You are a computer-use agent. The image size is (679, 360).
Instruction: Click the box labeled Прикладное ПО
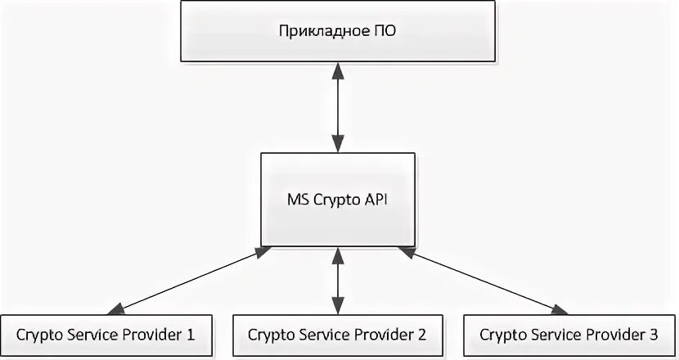click(x=338, y=33)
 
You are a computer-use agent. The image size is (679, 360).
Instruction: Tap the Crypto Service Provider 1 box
click(x=106, y=335)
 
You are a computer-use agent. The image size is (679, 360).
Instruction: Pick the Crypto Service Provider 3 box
click(x=569, y=335)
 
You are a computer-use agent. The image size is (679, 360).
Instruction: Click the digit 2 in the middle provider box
click(x=421, y=335)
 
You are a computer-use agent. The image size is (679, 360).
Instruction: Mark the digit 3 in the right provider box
click(x=652, y=335)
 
